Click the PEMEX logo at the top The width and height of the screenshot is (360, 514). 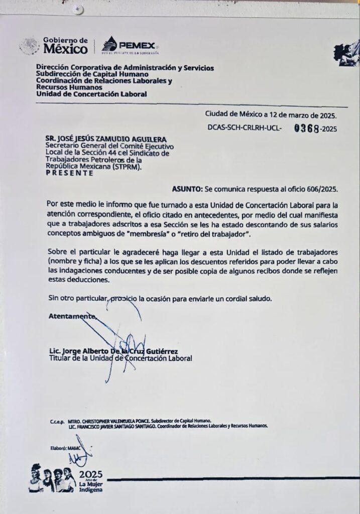(131, 45)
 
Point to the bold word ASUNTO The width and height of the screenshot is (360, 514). (187, 189)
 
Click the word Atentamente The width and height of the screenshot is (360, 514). (71, 316)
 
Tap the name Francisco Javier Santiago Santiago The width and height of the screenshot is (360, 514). (116, 426)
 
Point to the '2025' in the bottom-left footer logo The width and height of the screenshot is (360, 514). (90, 474)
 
